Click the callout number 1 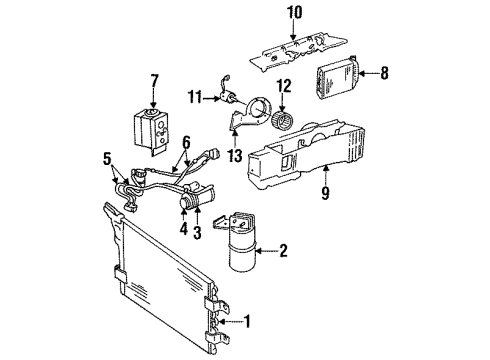tap(250, 322)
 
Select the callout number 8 tap(386, 72)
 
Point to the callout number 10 tap(294, 12)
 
